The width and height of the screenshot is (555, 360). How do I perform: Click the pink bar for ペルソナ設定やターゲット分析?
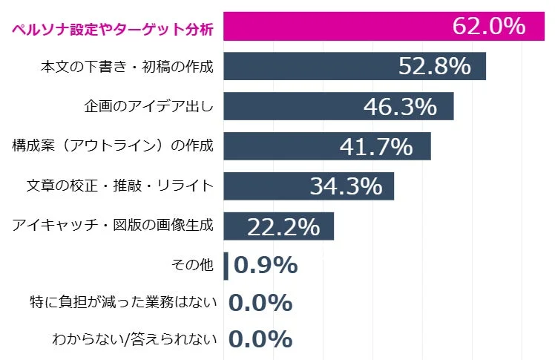coord(334,27)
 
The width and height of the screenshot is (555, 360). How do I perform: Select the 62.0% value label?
coord(488,27)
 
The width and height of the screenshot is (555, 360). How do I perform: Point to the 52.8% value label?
coord(435,67)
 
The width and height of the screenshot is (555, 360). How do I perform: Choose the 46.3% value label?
coord(400,107)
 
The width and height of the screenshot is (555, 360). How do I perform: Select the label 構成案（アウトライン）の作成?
coord(113,145)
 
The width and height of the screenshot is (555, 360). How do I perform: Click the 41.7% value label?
coord(375,147)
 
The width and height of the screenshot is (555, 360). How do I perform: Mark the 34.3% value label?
coord(345,186)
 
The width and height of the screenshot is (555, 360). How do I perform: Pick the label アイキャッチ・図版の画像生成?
coord(113,226)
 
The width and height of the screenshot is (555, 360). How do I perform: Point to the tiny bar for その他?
coord(226,266)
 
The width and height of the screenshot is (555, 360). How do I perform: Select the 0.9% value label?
coord(265,265)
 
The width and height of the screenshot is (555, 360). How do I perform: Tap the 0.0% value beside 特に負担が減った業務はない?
coord(260,303)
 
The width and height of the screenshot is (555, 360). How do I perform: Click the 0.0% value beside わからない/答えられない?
coord(260,340)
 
